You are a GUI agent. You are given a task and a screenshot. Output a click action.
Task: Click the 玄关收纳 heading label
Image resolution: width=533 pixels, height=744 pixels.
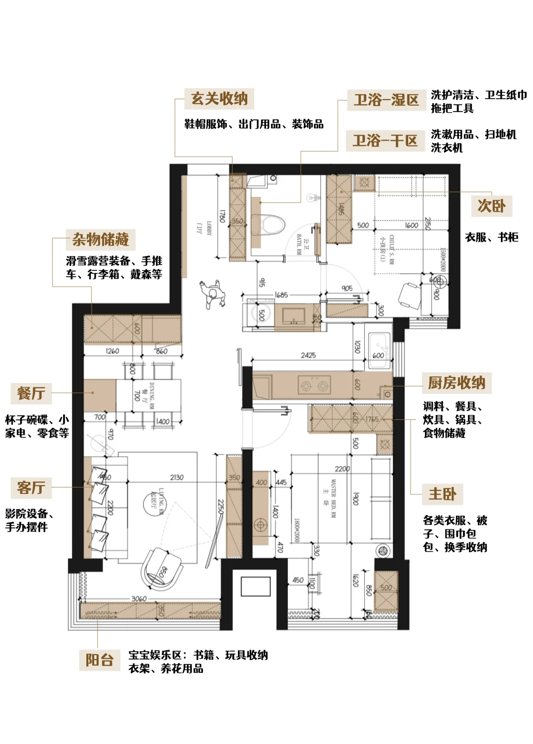219,99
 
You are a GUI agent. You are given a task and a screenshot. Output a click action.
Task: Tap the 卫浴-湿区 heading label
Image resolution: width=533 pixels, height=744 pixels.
386,100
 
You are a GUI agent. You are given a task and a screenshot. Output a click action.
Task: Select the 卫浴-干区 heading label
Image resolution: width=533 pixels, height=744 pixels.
385,141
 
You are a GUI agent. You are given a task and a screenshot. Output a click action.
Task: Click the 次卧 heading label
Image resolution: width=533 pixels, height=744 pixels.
492,206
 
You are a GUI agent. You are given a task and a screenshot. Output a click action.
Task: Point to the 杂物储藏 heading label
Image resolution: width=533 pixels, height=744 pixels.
101,240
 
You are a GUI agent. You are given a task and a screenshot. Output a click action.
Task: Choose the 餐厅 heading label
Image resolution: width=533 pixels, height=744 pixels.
31,393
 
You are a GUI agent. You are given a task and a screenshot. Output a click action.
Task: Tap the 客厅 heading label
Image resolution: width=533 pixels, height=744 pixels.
31,487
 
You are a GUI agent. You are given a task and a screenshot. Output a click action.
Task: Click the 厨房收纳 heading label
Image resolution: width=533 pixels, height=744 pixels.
457,383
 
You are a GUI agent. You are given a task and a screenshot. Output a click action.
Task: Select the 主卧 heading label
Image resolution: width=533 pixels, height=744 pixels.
442,494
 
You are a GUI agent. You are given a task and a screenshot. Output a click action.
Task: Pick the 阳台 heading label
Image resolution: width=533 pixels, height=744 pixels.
100,660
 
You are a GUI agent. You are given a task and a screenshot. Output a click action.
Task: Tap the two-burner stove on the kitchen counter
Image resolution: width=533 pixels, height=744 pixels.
314,385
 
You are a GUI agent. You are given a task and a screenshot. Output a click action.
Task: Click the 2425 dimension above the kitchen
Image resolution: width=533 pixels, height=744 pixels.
308,355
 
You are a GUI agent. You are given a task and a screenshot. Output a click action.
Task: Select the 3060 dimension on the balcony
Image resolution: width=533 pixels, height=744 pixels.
139,598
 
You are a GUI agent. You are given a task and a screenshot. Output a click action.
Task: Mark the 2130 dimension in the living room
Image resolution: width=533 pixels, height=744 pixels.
177,477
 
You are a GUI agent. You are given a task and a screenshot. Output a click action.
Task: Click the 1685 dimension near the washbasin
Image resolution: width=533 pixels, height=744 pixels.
281,295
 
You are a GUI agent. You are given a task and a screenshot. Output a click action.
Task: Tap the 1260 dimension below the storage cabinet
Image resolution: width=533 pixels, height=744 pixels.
113,351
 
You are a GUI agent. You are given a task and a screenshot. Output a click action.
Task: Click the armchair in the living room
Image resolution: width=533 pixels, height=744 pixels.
161,568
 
